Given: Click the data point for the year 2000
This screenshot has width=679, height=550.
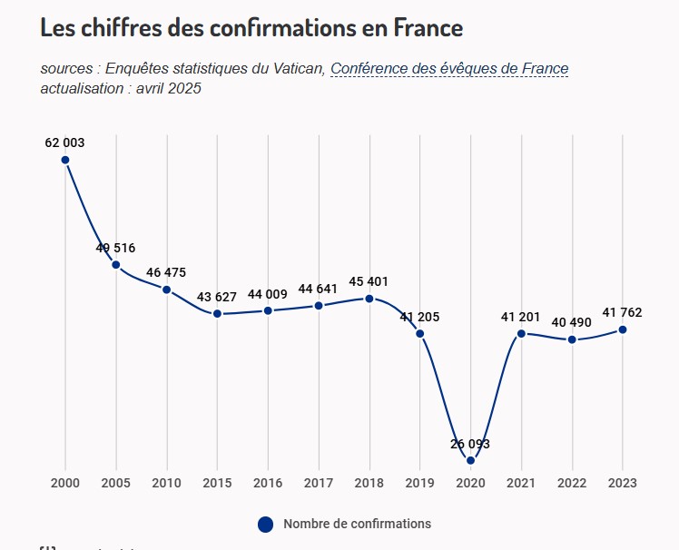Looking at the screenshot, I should [65, 160].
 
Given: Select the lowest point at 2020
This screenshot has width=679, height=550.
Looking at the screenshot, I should [470, 460].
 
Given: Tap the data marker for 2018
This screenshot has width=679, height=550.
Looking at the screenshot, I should [369, 298].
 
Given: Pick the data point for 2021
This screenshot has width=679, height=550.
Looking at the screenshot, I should [521, 333].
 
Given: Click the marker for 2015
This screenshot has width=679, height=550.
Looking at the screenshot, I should [217, 314].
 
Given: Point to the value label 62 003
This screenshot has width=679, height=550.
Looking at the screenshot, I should [65, 142].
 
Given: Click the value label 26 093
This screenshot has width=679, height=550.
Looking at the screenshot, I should [470, 444].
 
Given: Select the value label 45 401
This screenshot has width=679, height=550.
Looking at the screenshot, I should [369, 280].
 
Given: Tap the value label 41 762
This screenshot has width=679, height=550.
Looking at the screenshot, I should [623, 312].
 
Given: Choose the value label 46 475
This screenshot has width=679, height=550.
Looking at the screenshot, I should [167, 271].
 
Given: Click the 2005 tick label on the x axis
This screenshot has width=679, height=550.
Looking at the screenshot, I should [116, 483].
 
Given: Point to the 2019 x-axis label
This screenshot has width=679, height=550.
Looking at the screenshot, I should [420, 483].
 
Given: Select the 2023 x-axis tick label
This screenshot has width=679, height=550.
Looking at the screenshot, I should [623, 483].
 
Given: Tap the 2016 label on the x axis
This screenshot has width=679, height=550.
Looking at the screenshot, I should [268, 483].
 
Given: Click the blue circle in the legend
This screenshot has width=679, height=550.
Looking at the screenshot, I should [265, 524].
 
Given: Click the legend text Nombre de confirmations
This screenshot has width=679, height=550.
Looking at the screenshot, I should [357, 524].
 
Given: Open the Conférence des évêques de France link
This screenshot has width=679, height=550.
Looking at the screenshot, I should [449, 69].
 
